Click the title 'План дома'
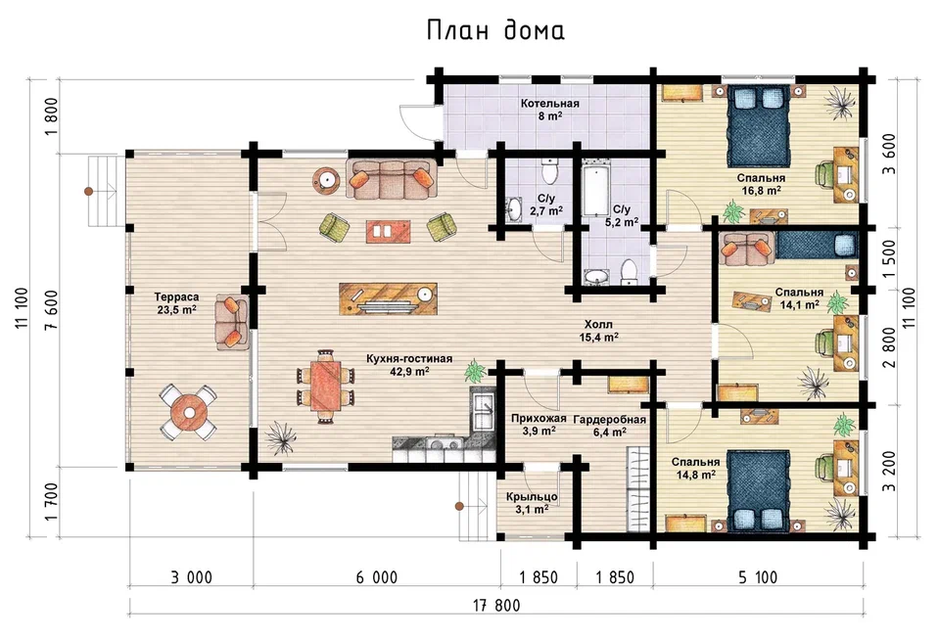[495, 30]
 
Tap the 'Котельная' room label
[549, 104]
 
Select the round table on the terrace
[189, 413]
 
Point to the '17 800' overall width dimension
[496, 606]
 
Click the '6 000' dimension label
[377, 577]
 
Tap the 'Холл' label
[598, 325]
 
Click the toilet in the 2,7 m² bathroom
[549, 172]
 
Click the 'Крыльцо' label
[532, 497]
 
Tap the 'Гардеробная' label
[610, 419]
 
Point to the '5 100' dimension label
[758, 577]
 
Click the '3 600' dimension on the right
[890, 154]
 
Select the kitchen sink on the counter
[482, 407]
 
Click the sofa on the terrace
[232, 322]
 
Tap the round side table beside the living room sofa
[327, 180]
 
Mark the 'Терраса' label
[176, 297]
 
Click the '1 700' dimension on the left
[52, 501]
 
